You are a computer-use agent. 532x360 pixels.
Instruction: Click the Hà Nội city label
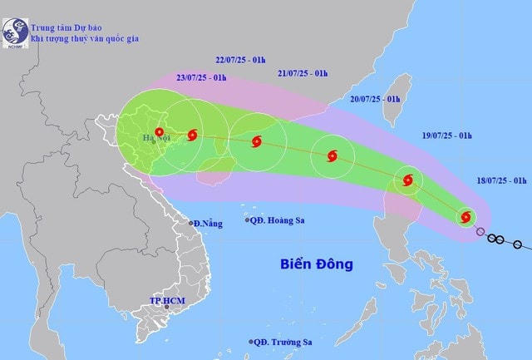[x=155, y=138]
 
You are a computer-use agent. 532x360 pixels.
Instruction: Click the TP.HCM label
[x=165, y=299]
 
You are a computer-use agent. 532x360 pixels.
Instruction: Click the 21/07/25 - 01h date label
[x=303, y=74]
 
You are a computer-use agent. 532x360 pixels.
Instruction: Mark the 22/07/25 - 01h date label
[x=241, y=61]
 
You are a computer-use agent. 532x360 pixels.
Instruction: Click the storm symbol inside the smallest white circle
[x=465, y=217]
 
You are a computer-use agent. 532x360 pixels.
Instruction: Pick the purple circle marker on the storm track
[x=480, y=231]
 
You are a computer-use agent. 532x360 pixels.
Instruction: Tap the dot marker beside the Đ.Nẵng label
[x=190, y=224]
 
